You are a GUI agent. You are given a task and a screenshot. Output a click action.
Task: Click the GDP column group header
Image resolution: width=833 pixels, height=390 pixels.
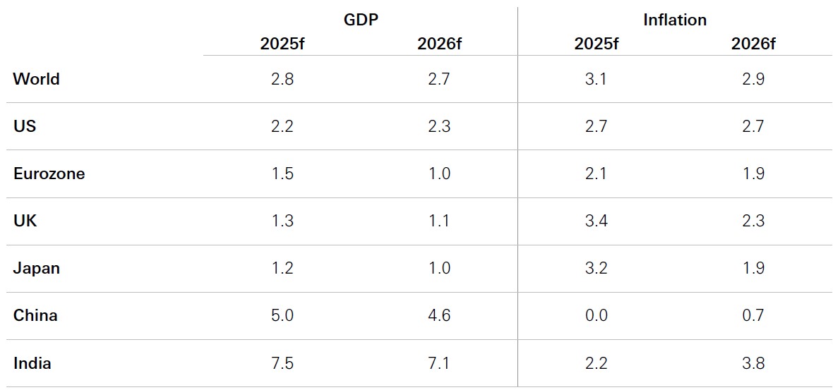(x=360, y=20)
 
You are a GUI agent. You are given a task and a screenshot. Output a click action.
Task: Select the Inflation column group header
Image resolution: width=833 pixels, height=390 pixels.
(x=674, y=20)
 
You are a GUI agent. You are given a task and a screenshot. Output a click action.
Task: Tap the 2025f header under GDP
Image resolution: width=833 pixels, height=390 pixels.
(x=282, y=44)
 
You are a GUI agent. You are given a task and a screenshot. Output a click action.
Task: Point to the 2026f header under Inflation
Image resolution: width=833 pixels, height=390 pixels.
(x=753, y=44)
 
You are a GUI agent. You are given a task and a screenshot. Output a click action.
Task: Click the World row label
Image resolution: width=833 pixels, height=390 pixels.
(x=36, y=79)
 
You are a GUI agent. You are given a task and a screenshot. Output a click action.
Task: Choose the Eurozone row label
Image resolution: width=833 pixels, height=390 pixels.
(x=49, y=173)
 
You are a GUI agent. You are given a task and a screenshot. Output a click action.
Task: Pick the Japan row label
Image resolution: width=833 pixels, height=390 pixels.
(x=36, y=268)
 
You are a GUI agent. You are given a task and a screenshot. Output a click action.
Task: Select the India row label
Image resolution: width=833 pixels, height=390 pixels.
(x=32, y=363)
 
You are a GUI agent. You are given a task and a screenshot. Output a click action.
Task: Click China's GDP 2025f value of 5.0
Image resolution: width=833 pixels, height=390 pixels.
(x=282, y=315)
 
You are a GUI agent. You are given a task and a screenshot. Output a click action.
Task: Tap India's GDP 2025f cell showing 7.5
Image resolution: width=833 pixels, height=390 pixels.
(x=282, y=363)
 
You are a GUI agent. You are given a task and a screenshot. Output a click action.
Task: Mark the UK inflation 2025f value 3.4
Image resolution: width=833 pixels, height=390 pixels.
(x=596, y=221)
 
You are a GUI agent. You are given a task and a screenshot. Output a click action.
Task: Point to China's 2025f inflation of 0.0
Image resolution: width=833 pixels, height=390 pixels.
(x=596, y=315)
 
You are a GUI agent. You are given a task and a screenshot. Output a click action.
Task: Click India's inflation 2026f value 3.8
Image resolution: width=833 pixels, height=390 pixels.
(x=753, y=363)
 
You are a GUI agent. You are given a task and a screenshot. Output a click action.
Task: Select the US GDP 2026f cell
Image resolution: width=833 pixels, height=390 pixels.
(x=439, y=126)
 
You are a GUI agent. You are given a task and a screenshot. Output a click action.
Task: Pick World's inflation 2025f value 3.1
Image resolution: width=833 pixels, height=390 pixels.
(x=596, y=79)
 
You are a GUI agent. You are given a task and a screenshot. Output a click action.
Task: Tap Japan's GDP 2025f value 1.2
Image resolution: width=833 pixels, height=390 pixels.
(x=282, y=268)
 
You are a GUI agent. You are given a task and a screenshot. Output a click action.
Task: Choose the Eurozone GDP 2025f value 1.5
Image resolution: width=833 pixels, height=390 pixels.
(x=282, y=173)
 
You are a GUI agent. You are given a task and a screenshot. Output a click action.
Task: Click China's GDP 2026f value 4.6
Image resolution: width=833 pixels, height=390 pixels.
(x=439, y=315)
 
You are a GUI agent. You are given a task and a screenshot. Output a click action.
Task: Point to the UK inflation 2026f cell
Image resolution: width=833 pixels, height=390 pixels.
(x=753, y=221)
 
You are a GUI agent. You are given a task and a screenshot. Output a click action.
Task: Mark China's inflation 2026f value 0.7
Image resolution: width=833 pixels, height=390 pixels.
(x=753, y=315)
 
